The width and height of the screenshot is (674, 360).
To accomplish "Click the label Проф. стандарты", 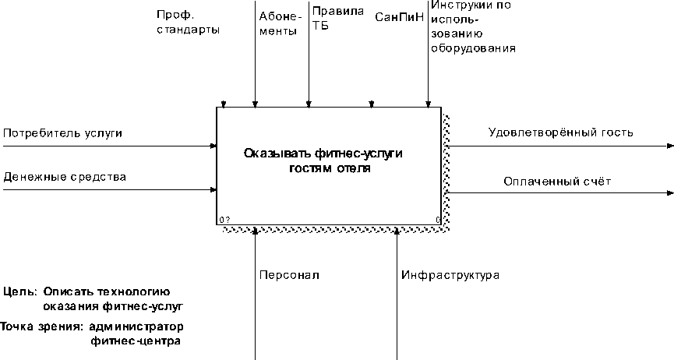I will pyautogui.click(x=187, y=23).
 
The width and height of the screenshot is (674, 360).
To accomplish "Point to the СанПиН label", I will pyautogui.click(x=399, y=16).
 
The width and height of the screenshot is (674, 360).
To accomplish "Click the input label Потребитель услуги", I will pyautogui.click(x=62, y=133).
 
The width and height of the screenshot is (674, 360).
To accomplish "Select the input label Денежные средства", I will pyautogui.click(x=64, y=177).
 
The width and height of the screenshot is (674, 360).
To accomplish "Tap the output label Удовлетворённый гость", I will pyautogui.click(x=560, y=132).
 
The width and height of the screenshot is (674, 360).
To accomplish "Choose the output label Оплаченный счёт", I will pyautogui.click(x=556, y=181).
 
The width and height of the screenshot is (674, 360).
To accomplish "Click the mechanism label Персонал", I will pyautogui.click(x=289, y=275).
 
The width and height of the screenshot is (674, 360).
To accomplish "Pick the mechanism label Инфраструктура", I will pyautogui.click(x=450, y=275).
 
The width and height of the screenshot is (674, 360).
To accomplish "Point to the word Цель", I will pyautogui.click(x=19, y=291).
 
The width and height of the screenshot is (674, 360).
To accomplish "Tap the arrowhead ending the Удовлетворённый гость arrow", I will pyautogui.click(x=669, y=146).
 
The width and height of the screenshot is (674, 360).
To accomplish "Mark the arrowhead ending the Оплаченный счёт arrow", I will pyautogui.click(x=669, y=192).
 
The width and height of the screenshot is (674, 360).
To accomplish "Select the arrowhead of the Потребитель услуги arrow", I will pyautogui.click(x=213, y=146).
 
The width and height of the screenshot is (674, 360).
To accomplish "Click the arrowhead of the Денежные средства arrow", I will pyautogui.click(x=213, y=189).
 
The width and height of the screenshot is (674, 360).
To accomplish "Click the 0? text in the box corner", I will pyautogui.click(x=224, y=220).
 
